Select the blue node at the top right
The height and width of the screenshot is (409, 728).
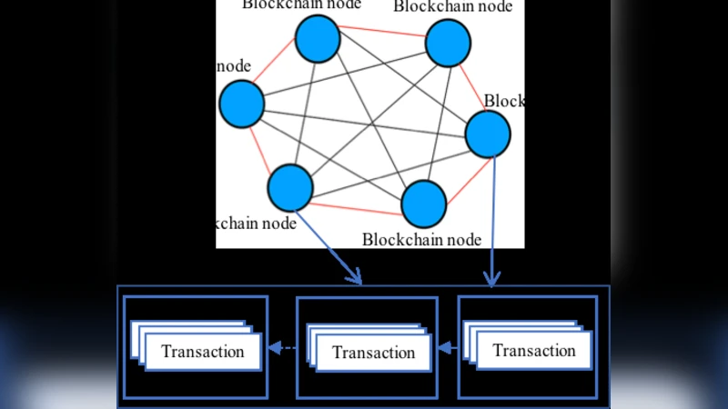point(448,44)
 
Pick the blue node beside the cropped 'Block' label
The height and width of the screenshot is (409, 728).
point(488,135)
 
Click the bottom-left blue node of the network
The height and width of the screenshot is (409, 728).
point(290,187)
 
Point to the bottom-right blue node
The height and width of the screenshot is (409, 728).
point(423,204)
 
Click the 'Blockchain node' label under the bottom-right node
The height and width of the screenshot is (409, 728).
point(420,240)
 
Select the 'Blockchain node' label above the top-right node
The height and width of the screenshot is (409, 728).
point(452,7)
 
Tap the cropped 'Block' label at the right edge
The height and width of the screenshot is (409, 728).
point(504,101)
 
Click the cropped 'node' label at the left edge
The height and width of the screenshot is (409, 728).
point(233,66)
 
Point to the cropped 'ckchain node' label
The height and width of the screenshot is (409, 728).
point(257,224)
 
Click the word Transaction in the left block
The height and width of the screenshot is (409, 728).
point(202,352)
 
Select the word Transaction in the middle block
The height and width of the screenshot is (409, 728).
point(373,354)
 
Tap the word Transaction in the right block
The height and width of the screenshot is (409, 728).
point(533,351)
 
